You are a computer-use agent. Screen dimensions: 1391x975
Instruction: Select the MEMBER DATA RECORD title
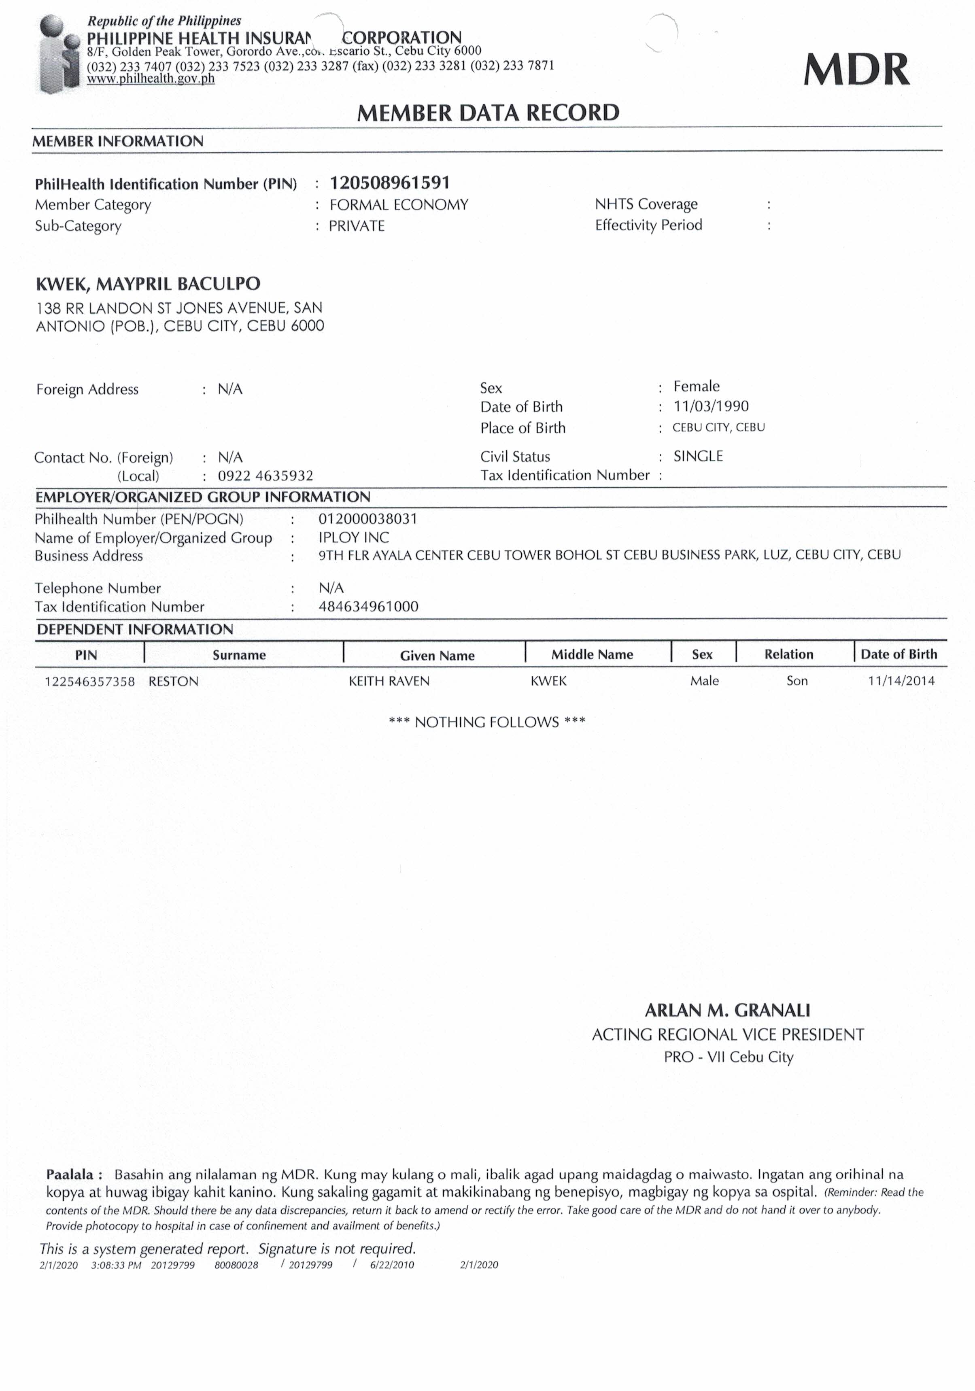point(488,113)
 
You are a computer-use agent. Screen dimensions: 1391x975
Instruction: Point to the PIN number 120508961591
point(390,183)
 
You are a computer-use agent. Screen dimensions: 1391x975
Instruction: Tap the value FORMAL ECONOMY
point(399,205)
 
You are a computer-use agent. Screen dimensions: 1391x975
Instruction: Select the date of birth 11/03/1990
point(711,406)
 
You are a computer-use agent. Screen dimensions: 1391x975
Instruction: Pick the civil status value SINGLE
point(698,456)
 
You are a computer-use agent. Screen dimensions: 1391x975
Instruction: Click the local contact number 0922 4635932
point(266,476)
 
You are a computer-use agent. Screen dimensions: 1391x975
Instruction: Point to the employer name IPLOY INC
point(354,537)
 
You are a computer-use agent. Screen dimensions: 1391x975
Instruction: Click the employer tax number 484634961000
point(368,606)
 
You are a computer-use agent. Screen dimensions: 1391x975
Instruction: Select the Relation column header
point(788,654)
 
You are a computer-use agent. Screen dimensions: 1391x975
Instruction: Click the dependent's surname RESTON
point(173,681)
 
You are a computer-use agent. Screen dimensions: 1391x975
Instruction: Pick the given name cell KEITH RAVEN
point(389,681)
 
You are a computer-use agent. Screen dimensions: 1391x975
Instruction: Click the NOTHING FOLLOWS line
point(486,722)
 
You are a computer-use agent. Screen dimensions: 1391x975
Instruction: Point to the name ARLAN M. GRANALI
point(727,1011)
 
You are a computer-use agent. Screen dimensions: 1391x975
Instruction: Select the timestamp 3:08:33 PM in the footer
point(116,1265)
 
